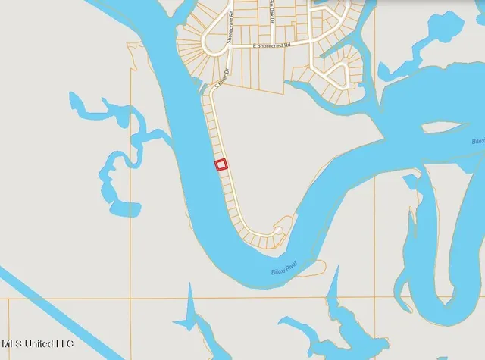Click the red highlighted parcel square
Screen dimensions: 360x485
pos(221,164)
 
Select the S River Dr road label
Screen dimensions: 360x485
pos(221,74)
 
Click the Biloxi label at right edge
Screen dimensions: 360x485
pos(477,142)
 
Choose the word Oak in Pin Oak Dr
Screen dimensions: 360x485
pos(271,13)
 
